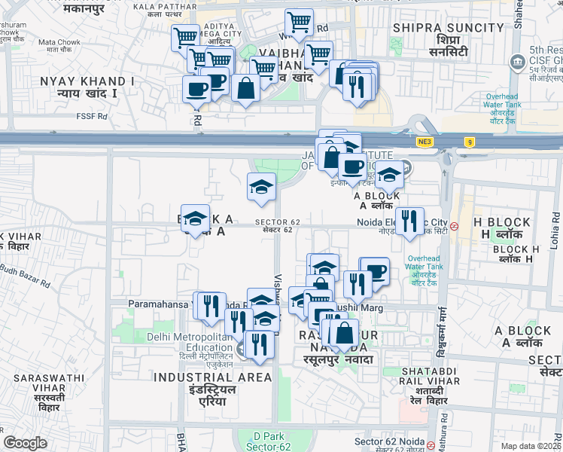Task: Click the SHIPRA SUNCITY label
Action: click(431, 29)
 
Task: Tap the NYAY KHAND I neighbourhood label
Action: click(87, 81)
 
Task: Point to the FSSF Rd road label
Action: click(91, 117)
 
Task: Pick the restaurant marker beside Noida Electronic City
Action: click(409, 221)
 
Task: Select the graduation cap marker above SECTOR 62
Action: click(261, 186)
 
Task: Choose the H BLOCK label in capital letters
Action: click(502, 222)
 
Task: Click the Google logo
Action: click(25, 443)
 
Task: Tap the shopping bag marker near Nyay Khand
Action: click(245, 89)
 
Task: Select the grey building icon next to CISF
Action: click(517, 62)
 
